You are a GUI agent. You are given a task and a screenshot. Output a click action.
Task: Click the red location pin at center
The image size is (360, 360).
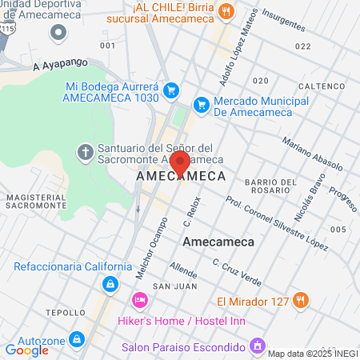tap(180, 162)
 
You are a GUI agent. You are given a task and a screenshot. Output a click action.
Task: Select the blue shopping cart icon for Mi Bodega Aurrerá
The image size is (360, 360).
tap(170, 91)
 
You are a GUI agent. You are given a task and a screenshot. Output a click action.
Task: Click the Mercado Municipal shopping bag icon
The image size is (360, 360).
tap(201, 103)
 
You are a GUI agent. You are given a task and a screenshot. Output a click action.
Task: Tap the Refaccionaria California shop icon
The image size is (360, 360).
tap(108, 283)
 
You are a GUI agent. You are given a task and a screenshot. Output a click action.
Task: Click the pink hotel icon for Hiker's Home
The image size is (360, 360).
tap(138, 300)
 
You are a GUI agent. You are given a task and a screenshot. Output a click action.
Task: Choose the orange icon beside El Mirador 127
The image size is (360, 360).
tap(301, 300)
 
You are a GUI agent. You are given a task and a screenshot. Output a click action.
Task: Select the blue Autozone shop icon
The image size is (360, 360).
tap(77, 339)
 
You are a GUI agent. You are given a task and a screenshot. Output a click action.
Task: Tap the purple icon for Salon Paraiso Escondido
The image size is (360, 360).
tap(257, 346)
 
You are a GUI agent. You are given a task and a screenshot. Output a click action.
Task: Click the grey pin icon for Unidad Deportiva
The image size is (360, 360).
tap(58, 32)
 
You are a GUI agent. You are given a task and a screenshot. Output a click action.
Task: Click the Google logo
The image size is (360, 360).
tap(26, 350)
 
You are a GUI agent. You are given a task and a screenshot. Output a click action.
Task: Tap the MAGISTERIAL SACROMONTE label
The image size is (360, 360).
tap(35, 201)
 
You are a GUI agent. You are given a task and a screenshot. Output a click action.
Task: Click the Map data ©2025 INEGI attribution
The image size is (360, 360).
tap(312, 353)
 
